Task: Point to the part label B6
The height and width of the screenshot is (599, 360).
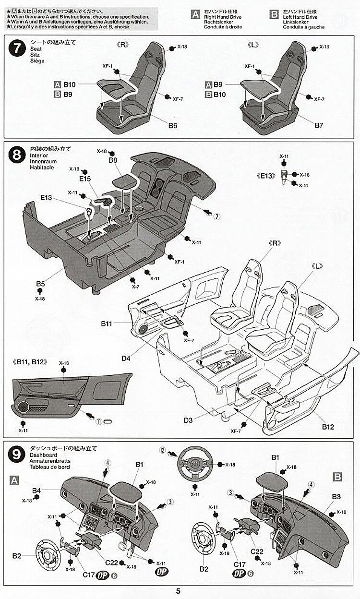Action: click(173, 126)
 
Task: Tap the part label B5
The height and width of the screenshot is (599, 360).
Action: click(40, 284)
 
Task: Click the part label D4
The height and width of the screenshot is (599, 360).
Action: click(126, 358)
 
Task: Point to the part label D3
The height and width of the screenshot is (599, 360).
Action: click(188, 421)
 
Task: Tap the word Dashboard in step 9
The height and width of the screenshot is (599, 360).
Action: click(43, 455)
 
